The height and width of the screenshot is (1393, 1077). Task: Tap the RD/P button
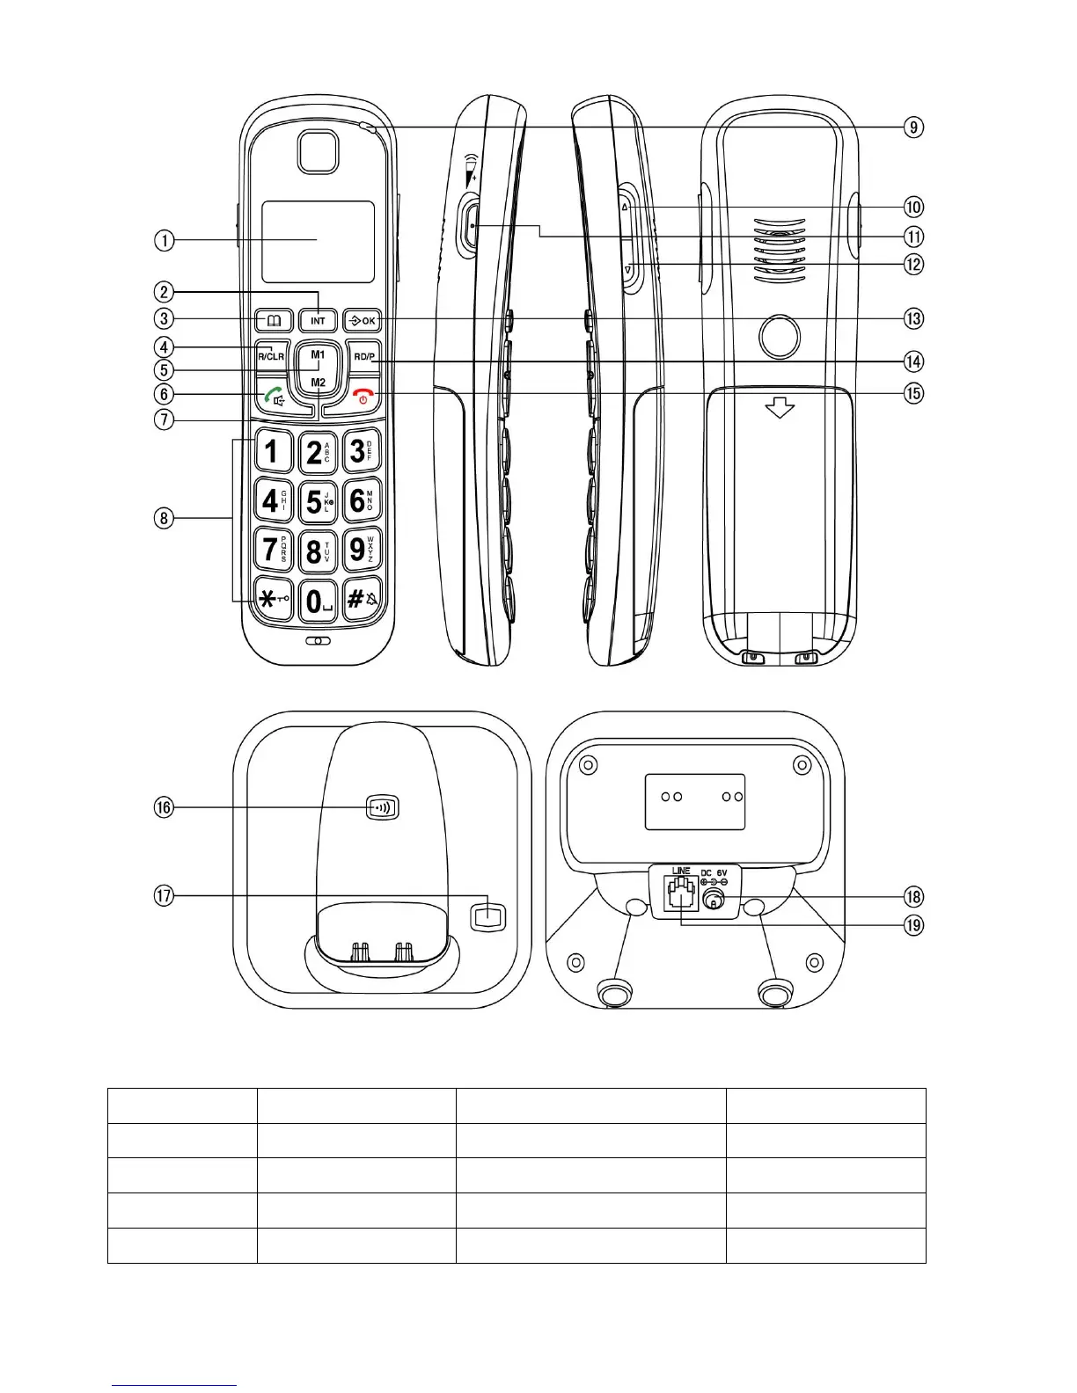pos(363,356)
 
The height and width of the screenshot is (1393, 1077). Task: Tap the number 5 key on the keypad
pos(317,501)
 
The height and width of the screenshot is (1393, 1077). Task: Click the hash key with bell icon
pos(362,601)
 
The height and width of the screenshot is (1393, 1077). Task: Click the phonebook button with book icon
pos(274,320)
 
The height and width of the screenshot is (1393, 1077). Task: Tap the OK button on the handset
pos(362,320)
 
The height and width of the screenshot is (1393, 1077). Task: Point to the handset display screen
pos(318,241)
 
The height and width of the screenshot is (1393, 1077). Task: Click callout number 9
pos(914,128)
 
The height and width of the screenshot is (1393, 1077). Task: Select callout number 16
pos(165,807)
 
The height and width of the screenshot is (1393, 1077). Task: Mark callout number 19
pos(914,925)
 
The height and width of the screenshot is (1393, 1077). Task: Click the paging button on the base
pos(383,807)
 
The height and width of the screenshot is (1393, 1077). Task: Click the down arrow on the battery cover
pos(780,408)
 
